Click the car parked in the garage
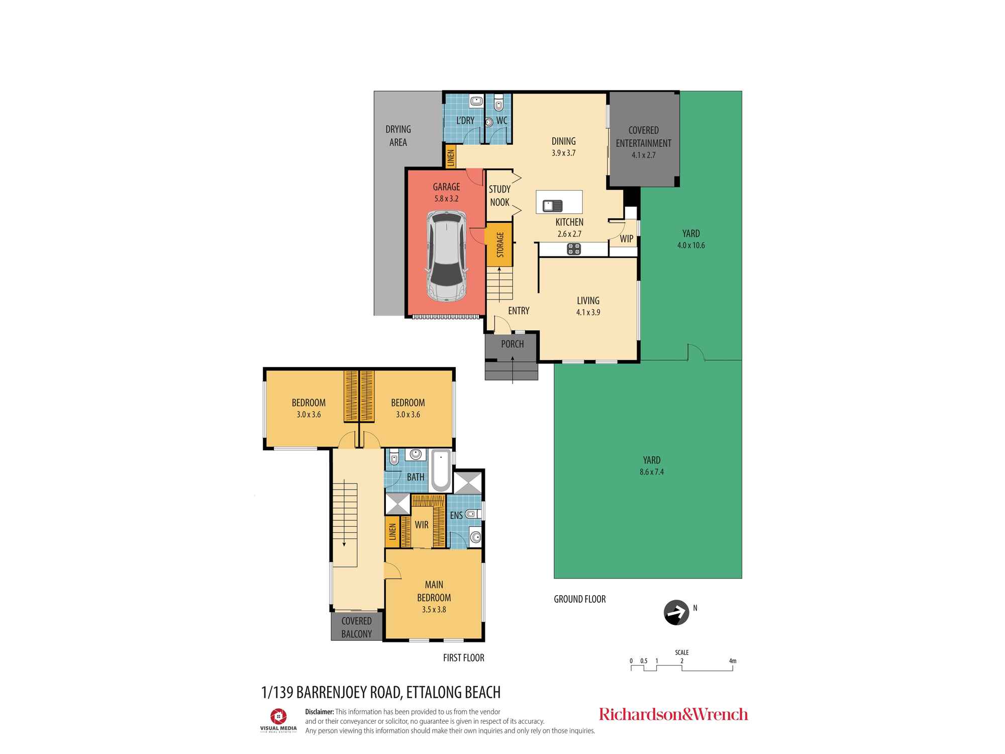446,256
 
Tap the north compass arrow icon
676,613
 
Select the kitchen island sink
552,205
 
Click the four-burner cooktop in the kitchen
574,249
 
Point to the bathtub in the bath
441,470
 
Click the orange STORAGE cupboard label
500,245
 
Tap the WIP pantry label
626,239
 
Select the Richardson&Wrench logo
673,714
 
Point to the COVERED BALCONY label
357,627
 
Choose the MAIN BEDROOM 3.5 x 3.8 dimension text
434,610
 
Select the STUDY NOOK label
499,196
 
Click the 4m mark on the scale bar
733,661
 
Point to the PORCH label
513,344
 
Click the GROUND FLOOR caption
580,599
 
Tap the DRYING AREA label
398,136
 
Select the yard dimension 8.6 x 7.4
652,472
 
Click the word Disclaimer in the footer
320,712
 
